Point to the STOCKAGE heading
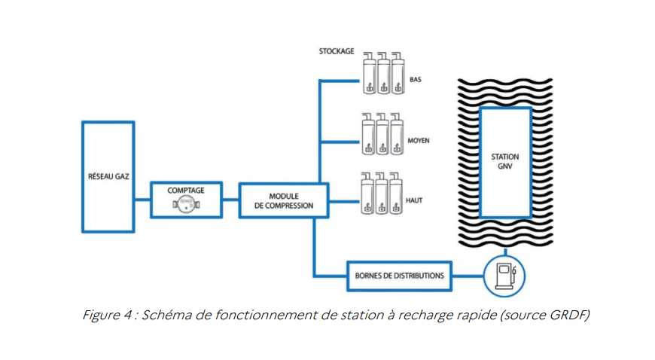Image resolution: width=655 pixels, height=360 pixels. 335,51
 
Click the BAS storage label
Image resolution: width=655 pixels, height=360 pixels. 416,79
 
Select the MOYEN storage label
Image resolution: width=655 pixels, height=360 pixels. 420,140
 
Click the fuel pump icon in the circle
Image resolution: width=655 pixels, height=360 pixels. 501,276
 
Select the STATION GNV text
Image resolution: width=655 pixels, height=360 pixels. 504,161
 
